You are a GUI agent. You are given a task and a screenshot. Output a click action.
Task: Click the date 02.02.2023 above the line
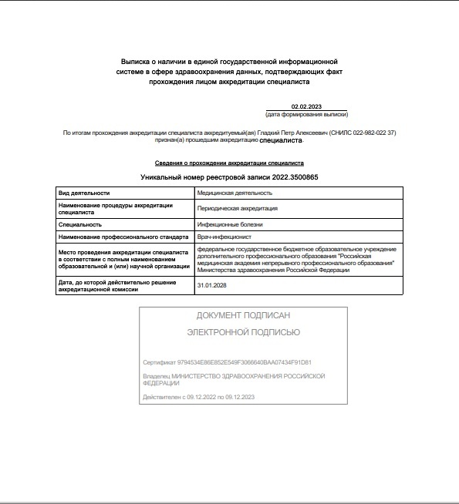pos(307,106)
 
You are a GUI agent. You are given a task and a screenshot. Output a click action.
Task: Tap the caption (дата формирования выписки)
pos(307,114)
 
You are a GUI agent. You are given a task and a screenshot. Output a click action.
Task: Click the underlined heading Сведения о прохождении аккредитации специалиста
pos(229,163)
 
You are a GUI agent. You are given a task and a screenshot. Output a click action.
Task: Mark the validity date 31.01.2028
pos(212,285)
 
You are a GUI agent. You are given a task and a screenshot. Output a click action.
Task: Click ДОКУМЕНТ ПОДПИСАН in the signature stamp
pos(243,316)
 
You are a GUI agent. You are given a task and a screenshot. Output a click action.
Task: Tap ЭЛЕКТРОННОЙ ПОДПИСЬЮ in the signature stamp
pos(243,332)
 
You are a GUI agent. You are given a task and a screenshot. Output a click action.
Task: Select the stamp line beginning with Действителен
pos(198,397)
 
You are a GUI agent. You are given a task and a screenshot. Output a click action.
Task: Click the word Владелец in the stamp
pos(157,375)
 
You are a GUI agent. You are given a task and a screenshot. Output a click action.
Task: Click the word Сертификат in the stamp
pos(159,362)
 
